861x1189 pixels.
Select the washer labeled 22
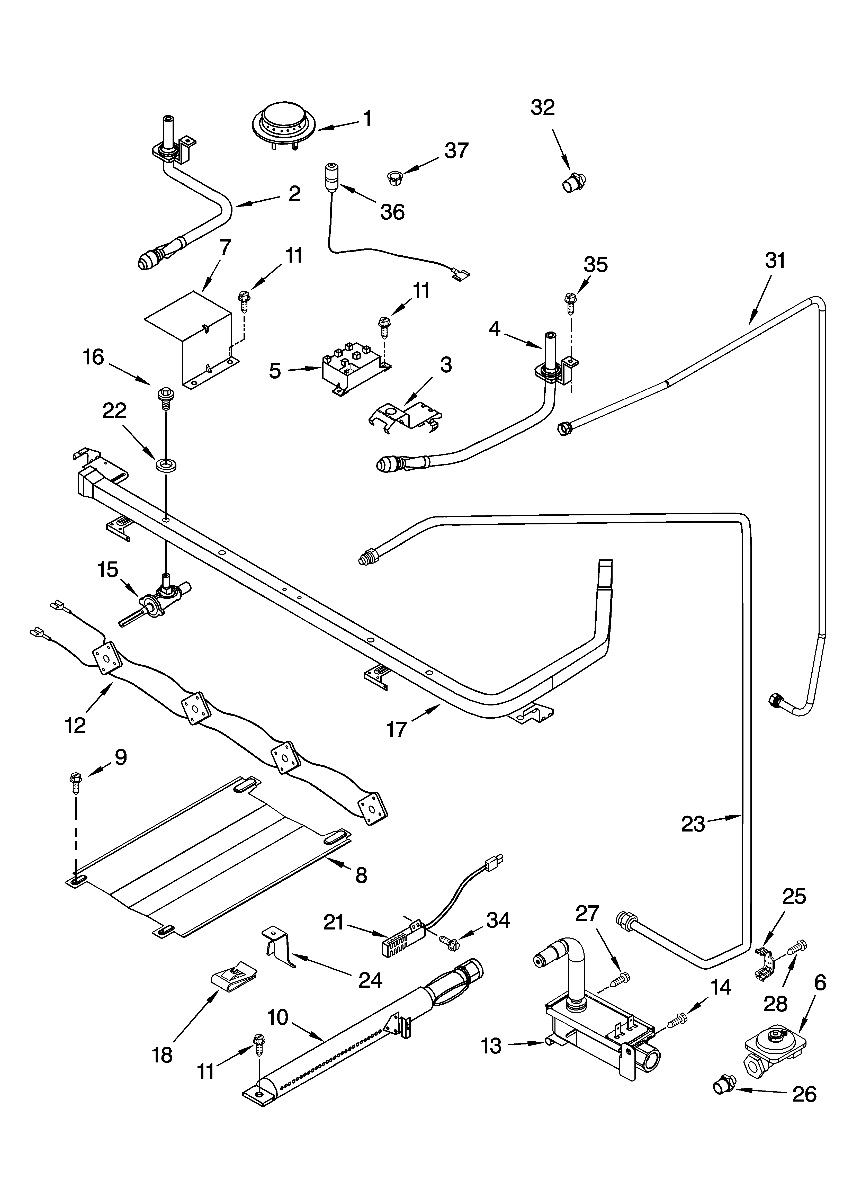point(166,463)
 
